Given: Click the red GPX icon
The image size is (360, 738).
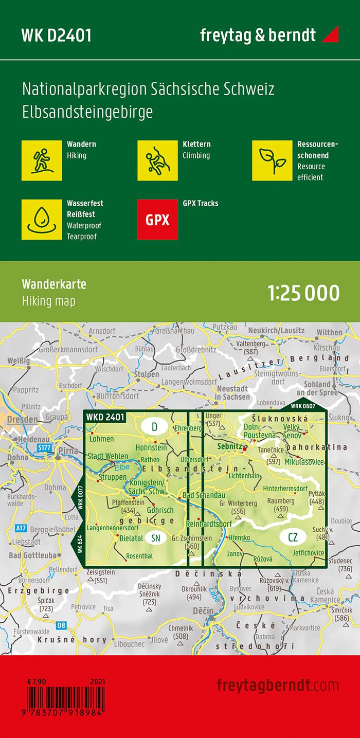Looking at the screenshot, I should pyautogui.click(x=157, y=220).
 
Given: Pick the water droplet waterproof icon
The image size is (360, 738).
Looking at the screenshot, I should pyautogui.click(x=42, y=220).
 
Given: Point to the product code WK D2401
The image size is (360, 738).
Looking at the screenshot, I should pyautogui.click(x=57, y=35).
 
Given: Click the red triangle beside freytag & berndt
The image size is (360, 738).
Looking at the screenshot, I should pyautogui.click(x=330, y=35).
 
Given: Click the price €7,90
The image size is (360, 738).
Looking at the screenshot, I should pyautogui.click(x=38, y=682).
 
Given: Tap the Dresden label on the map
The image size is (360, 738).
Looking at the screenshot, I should pyautogui.click(x=19, y=420).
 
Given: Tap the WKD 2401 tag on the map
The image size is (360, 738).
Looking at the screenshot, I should pyautogui.click(x=105, y=417).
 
